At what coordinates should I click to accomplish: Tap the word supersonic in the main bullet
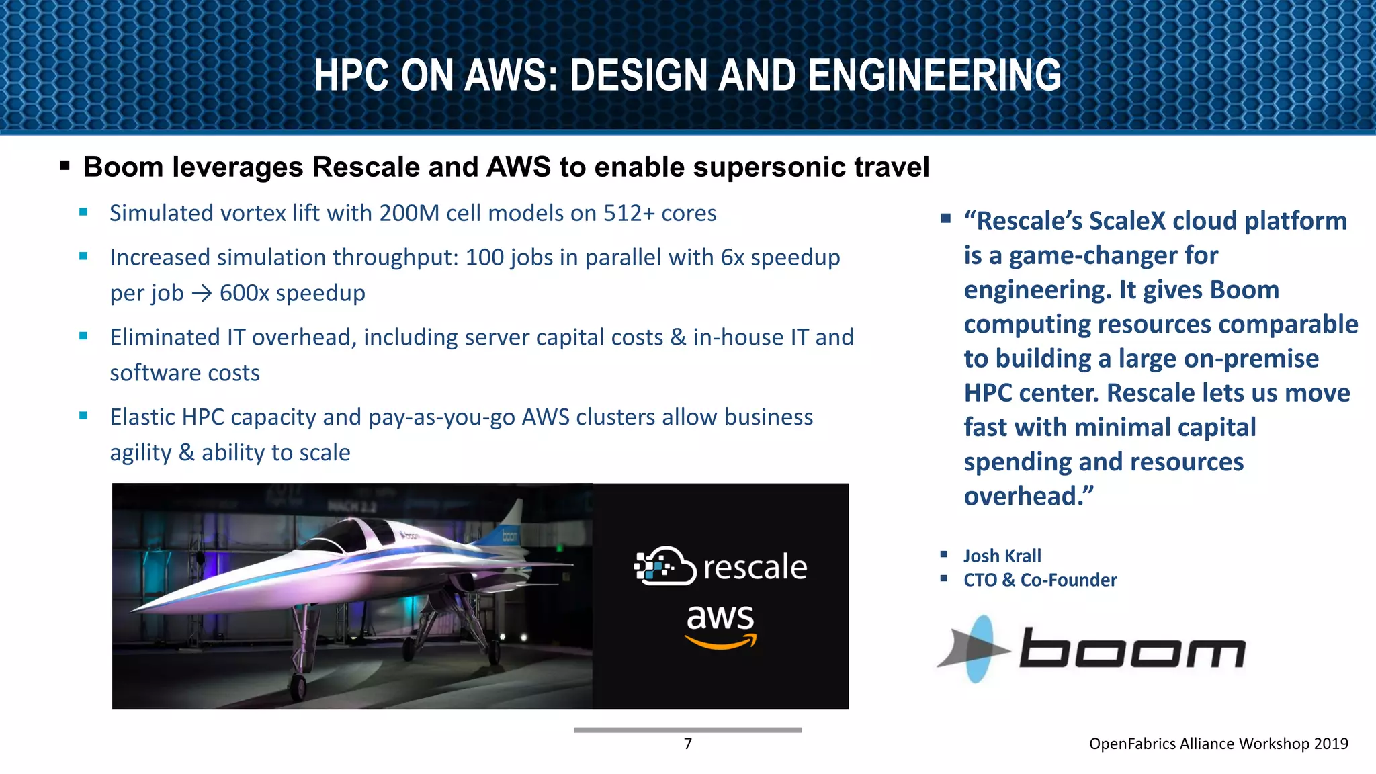pyautogui.click(x=769, y=167)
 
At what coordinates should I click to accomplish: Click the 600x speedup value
pyautogui.click(x=292, y=293)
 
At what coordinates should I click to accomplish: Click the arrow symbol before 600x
pyautogui.click(x=202, y=294)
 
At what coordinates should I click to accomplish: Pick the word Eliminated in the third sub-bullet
pyautogui.click(x=165, y=337)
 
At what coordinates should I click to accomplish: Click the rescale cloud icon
pyautogui.click(x=664, y=566)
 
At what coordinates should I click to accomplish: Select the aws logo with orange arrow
pyautogui.click(x=720, y=625)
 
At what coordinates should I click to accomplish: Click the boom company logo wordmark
pyautogui.click(x=1132, y=648)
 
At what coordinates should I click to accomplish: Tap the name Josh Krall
pyautogui.click(x=1002, y=556)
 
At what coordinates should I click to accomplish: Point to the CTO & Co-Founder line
pyautogui.click(x=1039, y=580)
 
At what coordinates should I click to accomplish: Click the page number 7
pyautogui.click(x=687, y=744)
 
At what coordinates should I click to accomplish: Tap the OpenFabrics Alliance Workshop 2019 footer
pyautogui.click(x=1218, y=744)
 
